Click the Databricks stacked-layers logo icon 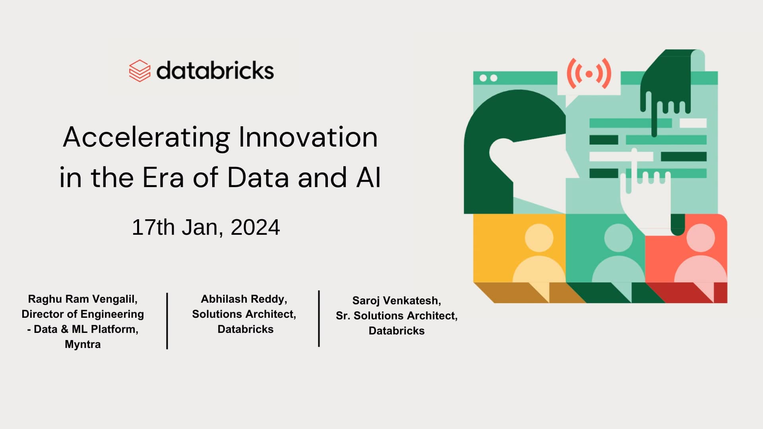tap(139, 71)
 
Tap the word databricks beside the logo tap(215, 71)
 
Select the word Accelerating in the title tap(146, 137)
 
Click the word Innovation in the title tap(308, 137)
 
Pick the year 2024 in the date tap(255, 227)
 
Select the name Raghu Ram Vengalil tap(83, 299)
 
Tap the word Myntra tap(83, 344)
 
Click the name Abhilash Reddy tap(244, 299)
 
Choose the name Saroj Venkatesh tap(397, 300)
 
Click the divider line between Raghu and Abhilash tap(167, 321)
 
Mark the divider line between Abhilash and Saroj tap(319, 319)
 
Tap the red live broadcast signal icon tap(589, 73)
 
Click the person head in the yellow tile tap(539, 238)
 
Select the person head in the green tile tap(618, 238)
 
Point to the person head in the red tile tap(700, 238)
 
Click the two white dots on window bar tap(488, 78)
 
